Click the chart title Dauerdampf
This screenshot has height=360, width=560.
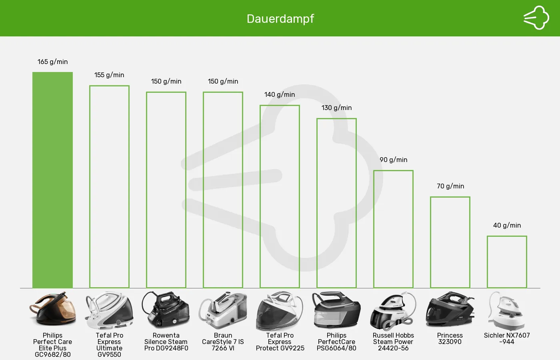coord(280,19)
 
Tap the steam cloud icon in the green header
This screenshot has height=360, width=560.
coord(536,18)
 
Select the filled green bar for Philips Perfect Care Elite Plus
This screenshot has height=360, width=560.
coord(52,180)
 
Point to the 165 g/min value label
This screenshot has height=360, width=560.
coord(52,62)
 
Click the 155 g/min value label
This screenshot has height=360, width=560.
coord(109,75)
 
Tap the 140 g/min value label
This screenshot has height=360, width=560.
coord(280,94)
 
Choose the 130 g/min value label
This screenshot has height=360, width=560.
coord(336,108)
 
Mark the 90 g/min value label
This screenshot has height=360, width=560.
coord(394,160)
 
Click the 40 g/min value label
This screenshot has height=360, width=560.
coord(507,225)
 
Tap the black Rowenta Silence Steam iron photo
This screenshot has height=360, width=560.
coord(166,310)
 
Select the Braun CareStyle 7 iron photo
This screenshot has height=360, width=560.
coord(223,310)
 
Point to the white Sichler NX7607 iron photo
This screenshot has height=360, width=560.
coord(507,310)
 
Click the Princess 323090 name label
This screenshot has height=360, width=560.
coord(450,338)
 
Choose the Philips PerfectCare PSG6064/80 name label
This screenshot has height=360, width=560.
coord(336,342)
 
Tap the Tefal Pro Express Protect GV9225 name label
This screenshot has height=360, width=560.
coord(280,342)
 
